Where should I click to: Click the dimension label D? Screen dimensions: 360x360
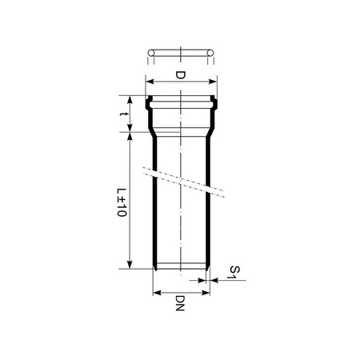[180, 75]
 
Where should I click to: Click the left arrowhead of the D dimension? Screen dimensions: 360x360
[148, 81]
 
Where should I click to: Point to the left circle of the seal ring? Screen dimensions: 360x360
[150, 54]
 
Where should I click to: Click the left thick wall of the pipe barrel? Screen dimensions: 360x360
[154, 200]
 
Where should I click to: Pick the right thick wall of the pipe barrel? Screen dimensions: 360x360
[209, 200]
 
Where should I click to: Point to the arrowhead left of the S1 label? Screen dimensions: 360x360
[213, 280]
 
